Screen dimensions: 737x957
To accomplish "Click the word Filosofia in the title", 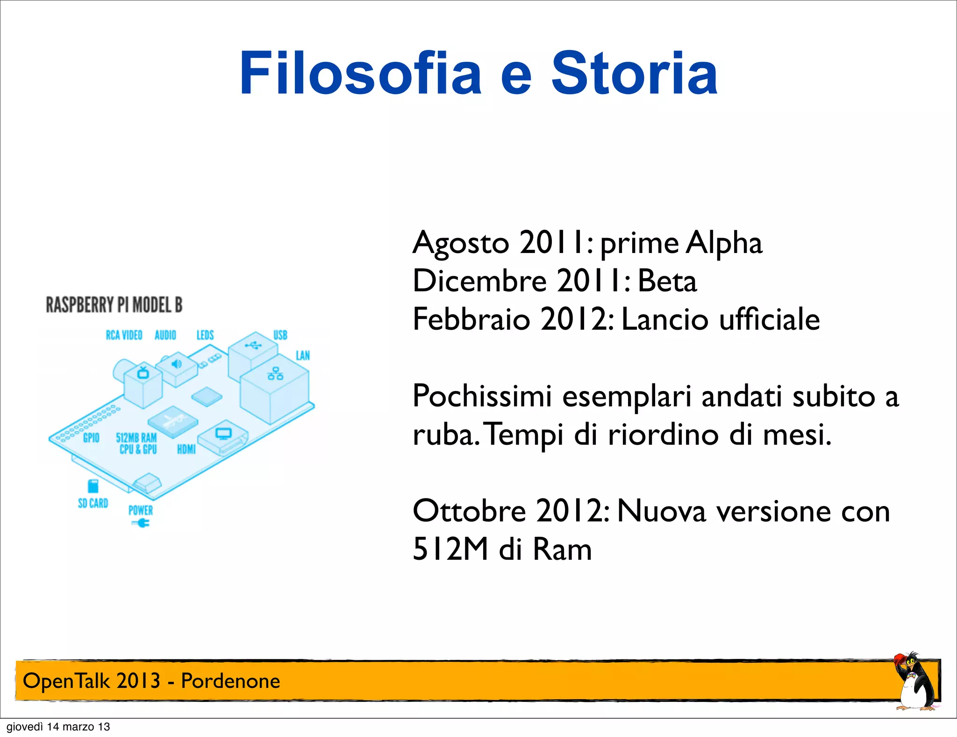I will [360, 73].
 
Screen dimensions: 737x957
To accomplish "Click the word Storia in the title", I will [634, 73].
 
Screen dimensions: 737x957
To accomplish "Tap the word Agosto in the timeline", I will [460, 243].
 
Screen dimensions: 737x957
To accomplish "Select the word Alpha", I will [724, 243].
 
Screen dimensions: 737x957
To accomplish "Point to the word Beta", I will [667, 281].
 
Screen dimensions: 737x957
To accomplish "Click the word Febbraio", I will [471, 319].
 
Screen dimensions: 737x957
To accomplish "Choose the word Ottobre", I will [469, 511].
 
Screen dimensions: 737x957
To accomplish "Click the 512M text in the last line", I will [450, 549].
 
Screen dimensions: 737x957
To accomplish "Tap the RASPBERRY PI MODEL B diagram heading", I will [114, 305].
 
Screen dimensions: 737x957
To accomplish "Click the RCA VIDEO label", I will [124, 335].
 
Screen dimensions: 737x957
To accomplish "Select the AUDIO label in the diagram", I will [165, 335].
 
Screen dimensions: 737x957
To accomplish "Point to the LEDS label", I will [205, 335].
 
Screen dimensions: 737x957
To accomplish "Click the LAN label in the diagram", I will [303, 356].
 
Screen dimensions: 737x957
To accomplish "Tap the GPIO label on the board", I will [91, 438].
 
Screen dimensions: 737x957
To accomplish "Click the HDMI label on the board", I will [186, 449].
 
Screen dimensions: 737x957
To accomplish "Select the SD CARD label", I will [93, 503].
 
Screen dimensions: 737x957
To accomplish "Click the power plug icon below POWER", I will [141, 523].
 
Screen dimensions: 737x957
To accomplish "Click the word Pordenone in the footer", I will [230, 681].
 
